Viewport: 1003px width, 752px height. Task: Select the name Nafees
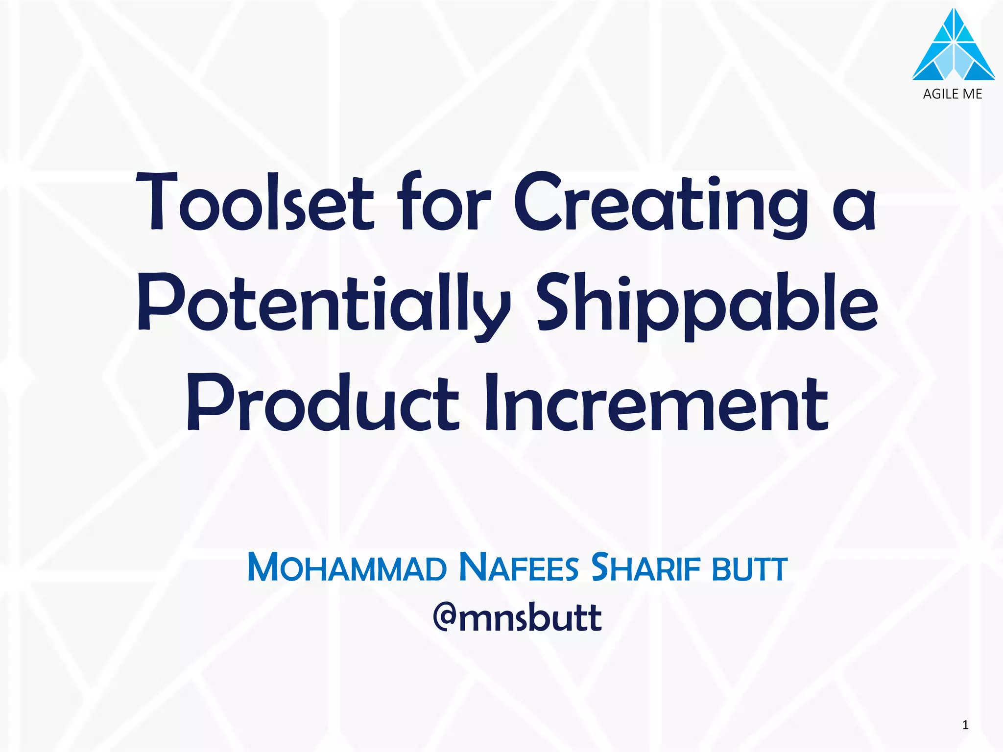pyautogui.click(x=520, y=568)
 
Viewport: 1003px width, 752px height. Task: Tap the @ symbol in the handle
pyautogui.click(x=445, y=618)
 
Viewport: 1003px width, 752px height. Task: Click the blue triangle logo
pyautogui.click(x=953, y=47)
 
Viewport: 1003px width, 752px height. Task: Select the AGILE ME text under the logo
pyautogui.click(x=953, y=94)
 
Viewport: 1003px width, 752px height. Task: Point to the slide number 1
pyautogui.click(x=965, y=725)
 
